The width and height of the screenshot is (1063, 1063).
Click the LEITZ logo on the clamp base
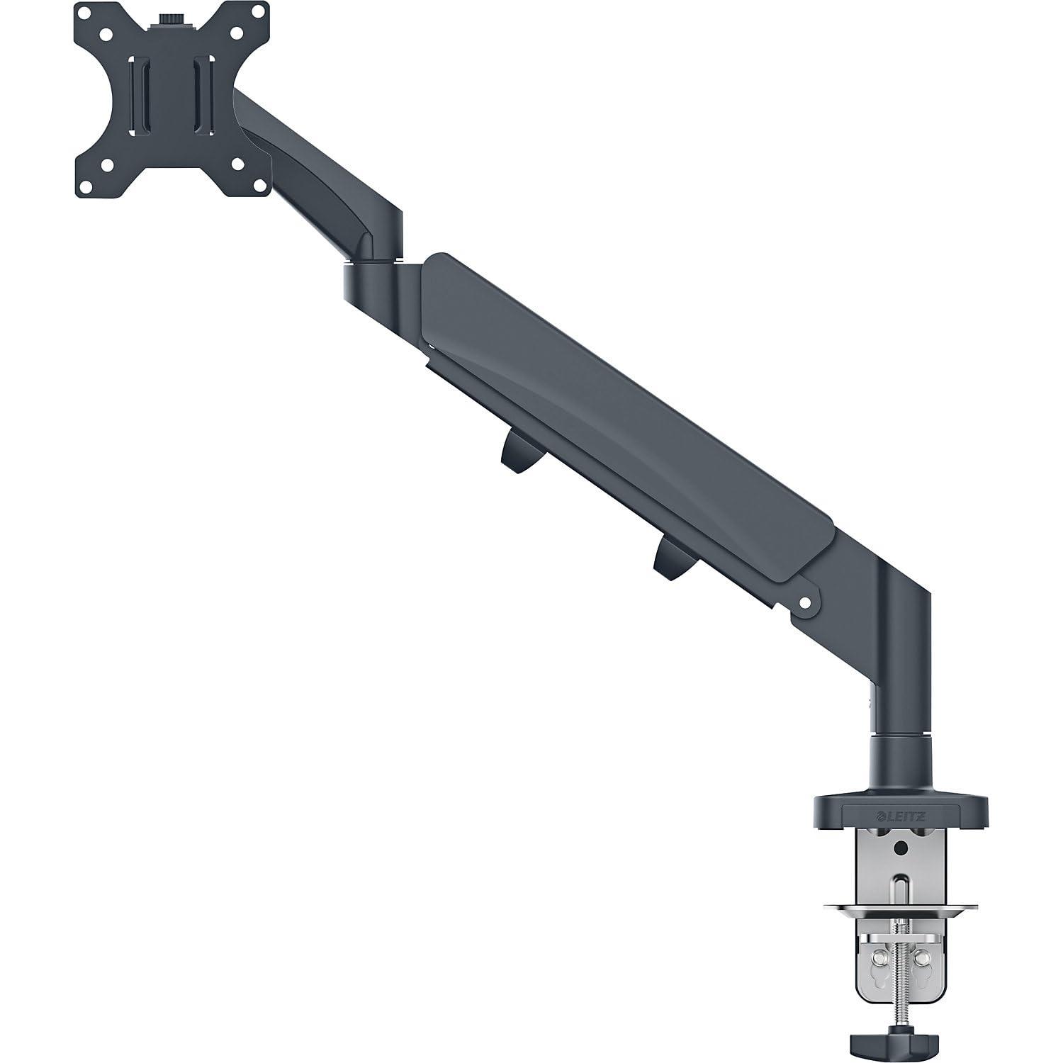(x=899, y=816)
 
